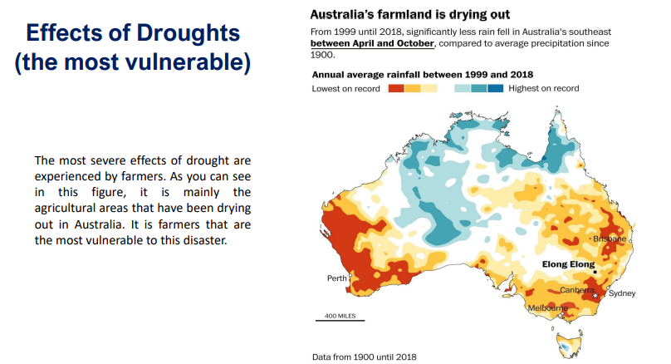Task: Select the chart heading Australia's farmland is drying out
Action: tap(409, 14)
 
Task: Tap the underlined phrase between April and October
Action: tap(372, 43)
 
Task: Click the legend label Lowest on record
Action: tap(346, 88)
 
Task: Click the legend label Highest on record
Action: tap(544, 88)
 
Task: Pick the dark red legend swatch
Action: tap(396, 88)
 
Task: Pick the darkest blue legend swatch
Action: tap(496, 88)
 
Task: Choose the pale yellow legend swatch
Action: tap(429, 88)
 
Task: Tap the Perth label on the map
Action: tap(337, 278)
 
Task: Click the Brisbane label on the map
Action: tap(610, 239)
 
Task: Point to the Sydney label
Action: tap(622, 293)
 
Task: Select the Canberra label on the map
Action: tap(576, 290)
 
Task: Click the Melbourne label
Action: tap(548, 308)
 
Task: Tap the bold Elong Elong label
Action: tap(569, 265)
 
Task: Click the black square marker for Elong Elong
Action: tap(595, 272)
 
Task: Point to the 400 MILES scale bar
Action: tap(340, 318)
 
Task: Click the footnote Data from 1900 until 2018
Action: tap(365, 357)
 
